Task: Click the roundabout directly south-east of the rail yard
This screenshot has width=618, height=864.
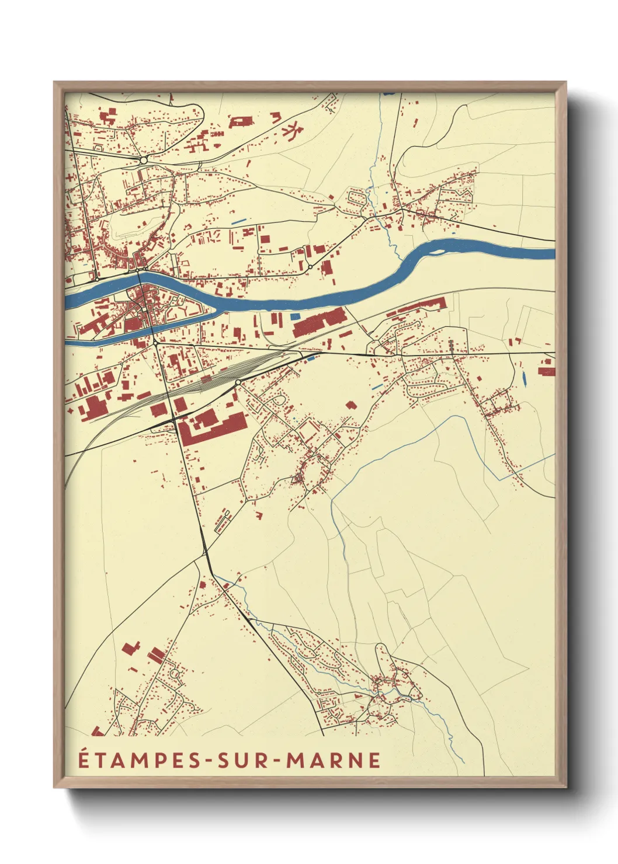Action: (238, 382)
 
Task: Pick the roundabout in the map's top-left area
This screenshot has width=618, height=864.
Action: (143, 159)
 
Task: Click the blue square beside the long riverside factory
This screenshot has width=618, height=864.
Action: (295, 316)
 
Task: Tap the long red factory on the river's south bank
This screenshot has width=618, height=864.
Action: (319, 323)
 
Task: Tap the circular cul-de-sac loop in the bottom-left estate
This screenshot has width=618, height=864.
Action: (174, 674)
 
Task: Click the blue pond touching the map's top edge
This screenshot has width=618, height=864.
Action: (388, 93)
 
